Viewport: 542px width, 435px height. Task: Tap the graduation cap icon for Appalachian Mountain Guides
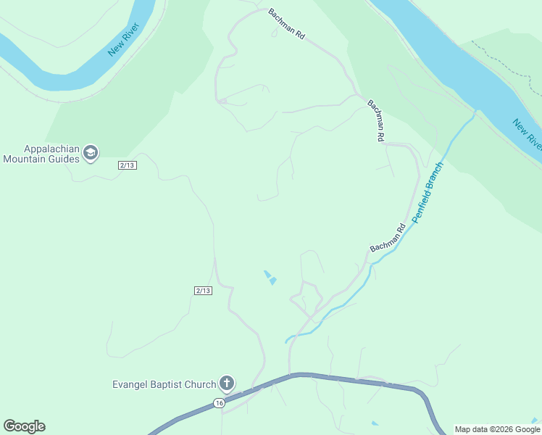point(91,153)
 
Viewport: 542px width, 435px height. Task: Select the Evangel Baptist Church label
point(164,384)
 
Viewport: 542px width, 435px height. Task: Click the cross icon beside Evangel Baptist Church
point(227,383)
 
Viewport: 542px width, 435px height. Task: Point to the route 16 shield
point(219,402)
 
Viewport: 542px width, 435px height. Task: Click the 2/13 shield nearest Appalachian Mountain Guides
point(127,165)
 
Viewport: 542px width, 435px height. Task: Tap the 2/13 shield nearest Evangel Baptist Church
point(203,291)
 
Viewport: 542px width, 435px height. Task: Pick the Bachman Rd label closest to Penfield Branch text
point(388,238)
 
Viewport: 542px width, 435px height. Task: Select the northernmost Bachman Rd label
point(286,24)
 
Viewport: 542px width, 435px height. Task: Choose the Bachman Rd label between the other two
point(375,120)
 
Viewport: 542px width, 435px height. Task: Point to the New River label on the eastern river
point(527,133)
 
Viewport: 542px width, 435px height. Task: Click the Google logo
point(24,426)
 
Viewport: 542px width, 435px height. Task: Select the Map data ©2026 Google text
point(497,429)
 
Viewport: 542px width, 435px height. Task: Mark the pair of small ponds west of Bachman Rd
point(270,277)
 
